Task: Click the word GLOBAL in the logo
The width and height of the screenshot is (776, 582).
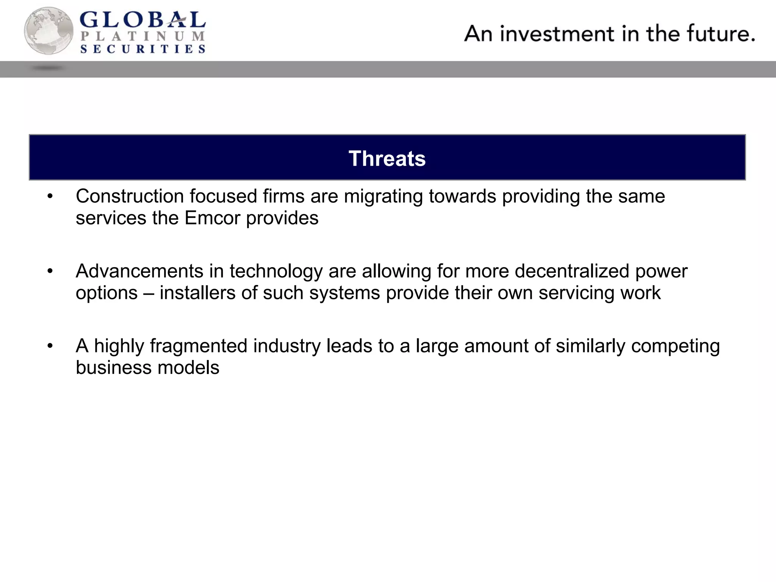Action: (x=143, y=20)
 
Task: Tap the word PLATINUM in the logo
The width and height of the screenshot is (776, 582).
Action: (x=143, y=36)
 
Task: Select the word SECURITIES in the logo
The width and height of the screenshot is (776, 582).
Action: (x=143, y=49)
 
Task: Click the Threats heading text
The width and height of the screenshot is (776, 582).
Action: (x=387, y=158)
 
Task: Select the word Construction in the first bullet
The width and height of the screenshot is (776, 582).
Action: (x=130, y=196)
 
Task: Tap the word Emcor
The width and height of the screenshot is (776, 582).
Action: (x=213, y=218)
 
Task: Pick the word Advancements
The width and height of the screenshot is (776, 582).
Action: (x=139, y=271)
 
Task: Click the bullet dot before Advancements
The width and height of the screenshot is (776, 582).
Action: (x=50, y=272)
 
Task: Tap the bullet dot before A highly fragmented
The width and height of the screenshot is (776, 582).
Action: (x=50, y=346)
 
